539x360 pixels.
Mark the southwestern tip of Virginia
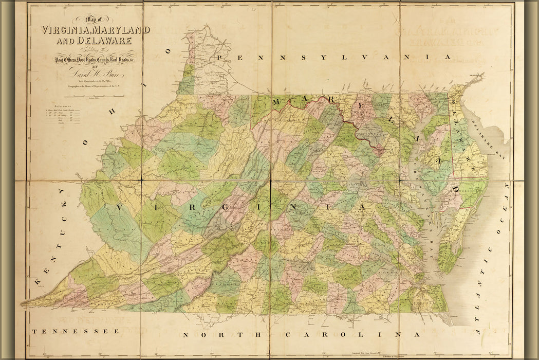tap(24, 305)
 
